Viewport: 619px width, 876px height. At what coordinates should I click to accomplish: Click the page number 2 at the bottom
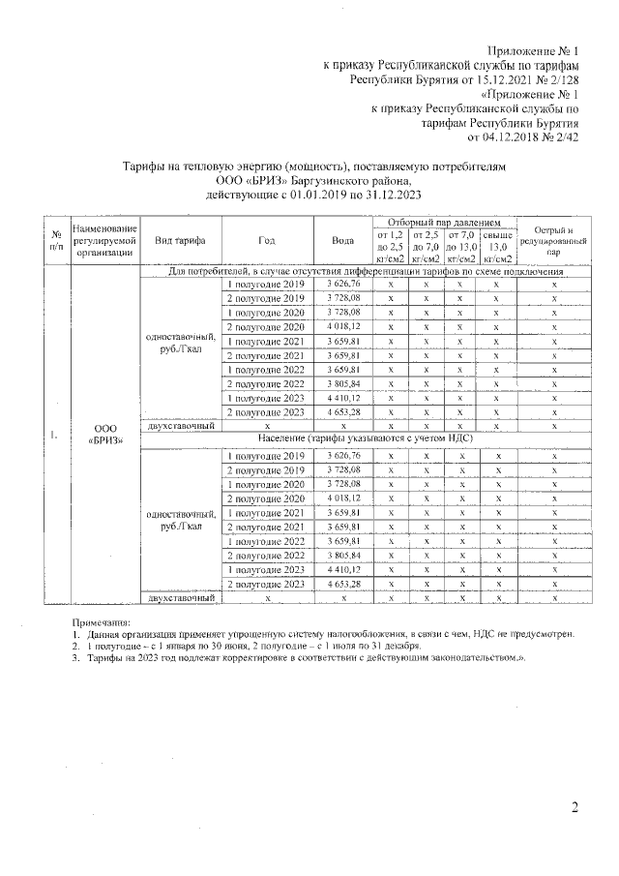click(574, 808)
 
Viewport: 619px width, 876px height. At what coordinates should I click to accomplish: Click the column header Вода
click(342, 240)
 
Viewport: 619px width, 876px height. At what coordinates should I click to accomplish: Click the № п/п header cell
click(56, 240)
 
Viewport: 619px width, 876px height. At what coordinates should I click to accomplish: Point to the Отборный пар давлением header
click(444, 223)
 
